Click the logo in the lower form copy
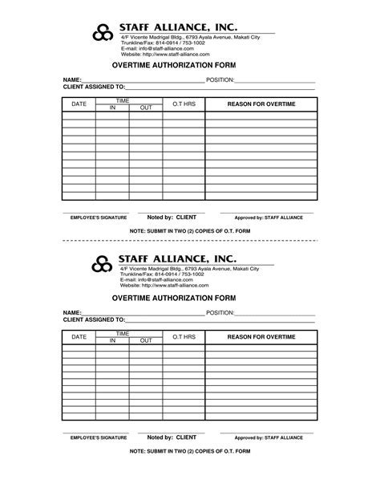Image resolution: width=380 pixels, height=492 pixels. [x=101, y=262]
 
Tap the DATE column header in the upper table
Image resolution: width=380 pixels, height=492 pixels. [x=79, y=104]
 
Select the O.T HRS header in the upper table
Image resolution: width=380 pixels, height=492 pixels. [x=184, y=104]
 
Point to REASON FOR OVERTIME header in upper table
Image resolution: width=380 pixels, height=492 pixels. [x=261, y=104]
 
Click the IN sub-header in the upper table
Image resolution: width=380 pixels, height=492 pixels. [x=113, y=108]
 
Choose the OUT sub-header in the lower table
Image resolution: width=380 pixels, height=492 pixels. [x=146, y=340]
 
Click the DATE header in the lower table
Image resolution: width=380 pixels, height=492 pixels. [x=79, y=337]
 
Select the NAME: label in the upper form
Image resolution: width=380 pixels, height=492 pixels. [x=72, y=80]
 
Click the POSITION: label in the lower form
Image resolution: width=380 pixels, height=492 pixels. [x=220, y=312]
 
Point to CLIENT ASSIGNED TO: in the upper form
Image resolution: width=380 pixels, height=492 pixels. [x=94, y=87]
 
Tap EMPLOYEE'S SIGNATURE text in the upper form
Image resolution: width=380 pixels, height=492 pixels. [x=99, y=218]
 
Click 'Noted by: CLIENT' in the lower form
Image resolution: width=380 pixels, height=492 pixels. [x=172, y=437]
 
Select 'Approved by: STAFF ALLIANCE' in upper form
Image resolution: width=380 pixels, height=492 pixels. [x=268, y=218]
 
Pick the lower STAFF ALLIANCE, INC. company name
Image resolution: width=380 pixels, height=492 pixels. [x=178, y=257]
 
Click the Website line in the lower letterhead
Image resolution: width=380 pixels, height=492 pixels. [x=164, y=285]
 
